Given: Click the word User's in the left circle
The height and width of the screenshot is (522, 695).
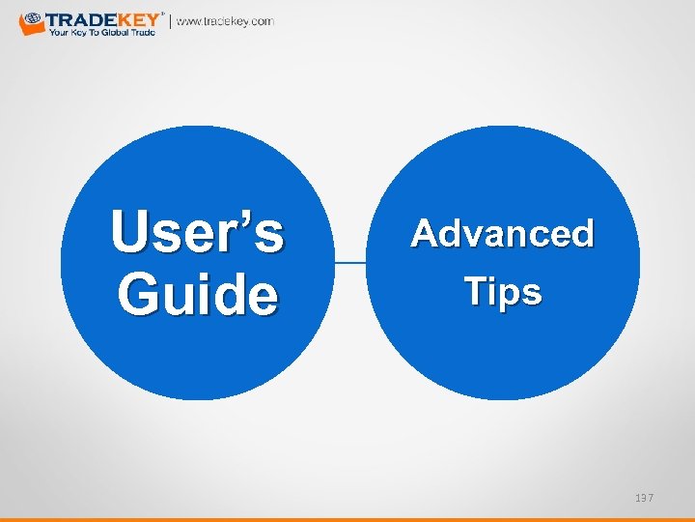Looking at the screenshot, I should (197, 233).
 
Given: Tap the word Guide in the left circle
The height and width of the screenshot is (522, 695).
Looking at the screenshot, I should (197, 294).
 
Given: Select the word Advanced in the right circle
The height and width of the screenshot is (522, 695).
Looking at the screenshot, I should (502, 234).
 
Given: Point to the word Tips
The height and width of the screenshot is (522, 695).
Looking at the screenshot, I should (502, 291).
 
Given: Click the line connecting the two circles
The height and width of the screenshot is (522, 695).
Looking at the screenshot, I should (350, 262).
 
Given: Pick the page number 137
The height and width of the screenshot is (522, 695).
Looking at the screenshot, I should (644, 497).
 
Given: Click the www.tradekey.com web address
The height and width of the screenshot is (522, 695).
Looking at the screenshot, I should (225, 21).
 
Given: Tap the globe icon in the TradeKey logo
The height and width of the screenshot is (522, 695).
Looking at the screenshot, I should (31, 19).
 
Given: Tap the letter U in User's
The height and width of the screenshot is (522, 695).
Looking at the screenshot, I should (129, 233).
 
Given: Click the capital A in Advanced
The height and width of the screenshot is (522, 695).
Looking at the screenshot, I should (426, 234).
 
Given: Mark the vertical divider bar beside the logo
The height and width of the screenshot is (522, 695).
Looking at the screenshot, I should (171, 21).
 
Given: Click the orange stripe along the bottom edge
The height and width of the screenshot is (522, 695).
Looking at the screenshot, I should (347, 518).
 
